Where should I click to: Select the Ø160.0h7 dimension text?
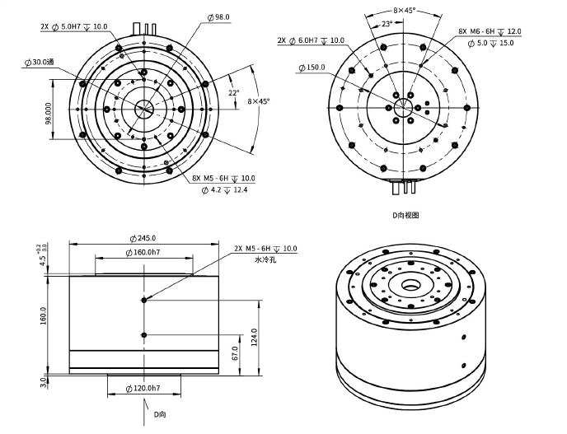pyautogui.click(x=145, y=251)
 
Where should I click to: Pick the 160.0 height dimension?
pyautogui.click(x=43, y=316)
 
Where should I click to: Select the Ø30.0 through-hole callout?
pyautogui.click(x=39, y=62)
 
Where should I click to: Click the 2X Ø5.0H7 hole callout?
pyautogui.click(x=74, y=26)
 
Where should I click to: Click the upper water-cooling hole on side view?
pyautogui.click(x=144, y=300)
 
